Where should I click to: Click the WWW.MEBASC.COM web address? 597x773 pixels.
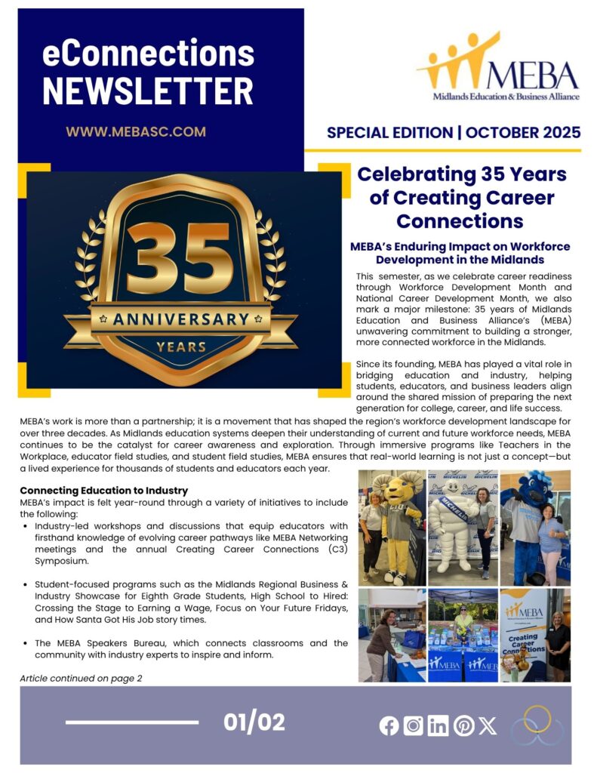[136, 131]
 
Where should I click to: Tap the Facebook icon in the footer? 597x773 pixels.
[389, 725]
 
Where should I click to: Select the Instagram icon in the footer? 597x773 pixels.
[413, 725]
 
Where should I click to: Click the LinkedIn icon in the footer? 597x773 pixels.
[438, 725]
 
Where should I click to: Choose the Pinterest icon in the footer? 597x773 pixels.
[463, 725]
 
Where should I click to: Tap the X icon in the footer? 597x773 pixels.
[488, 725]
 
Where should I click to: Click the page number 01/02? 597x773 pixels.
[254, 722]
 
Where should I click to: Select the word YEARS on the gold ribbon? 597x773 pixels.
[181, 347]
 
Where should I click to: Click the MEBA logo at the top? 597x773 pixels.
[499, 69]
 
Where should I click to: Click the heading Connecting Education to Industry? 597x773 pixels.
[104, 491]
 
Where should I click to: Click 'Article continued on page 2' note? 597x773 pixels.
[81, 678]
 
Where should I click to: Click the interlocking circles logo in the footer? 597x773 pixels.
[537, 726]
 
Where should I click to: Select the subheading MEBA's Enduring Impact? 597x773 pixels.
[460, 252]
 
